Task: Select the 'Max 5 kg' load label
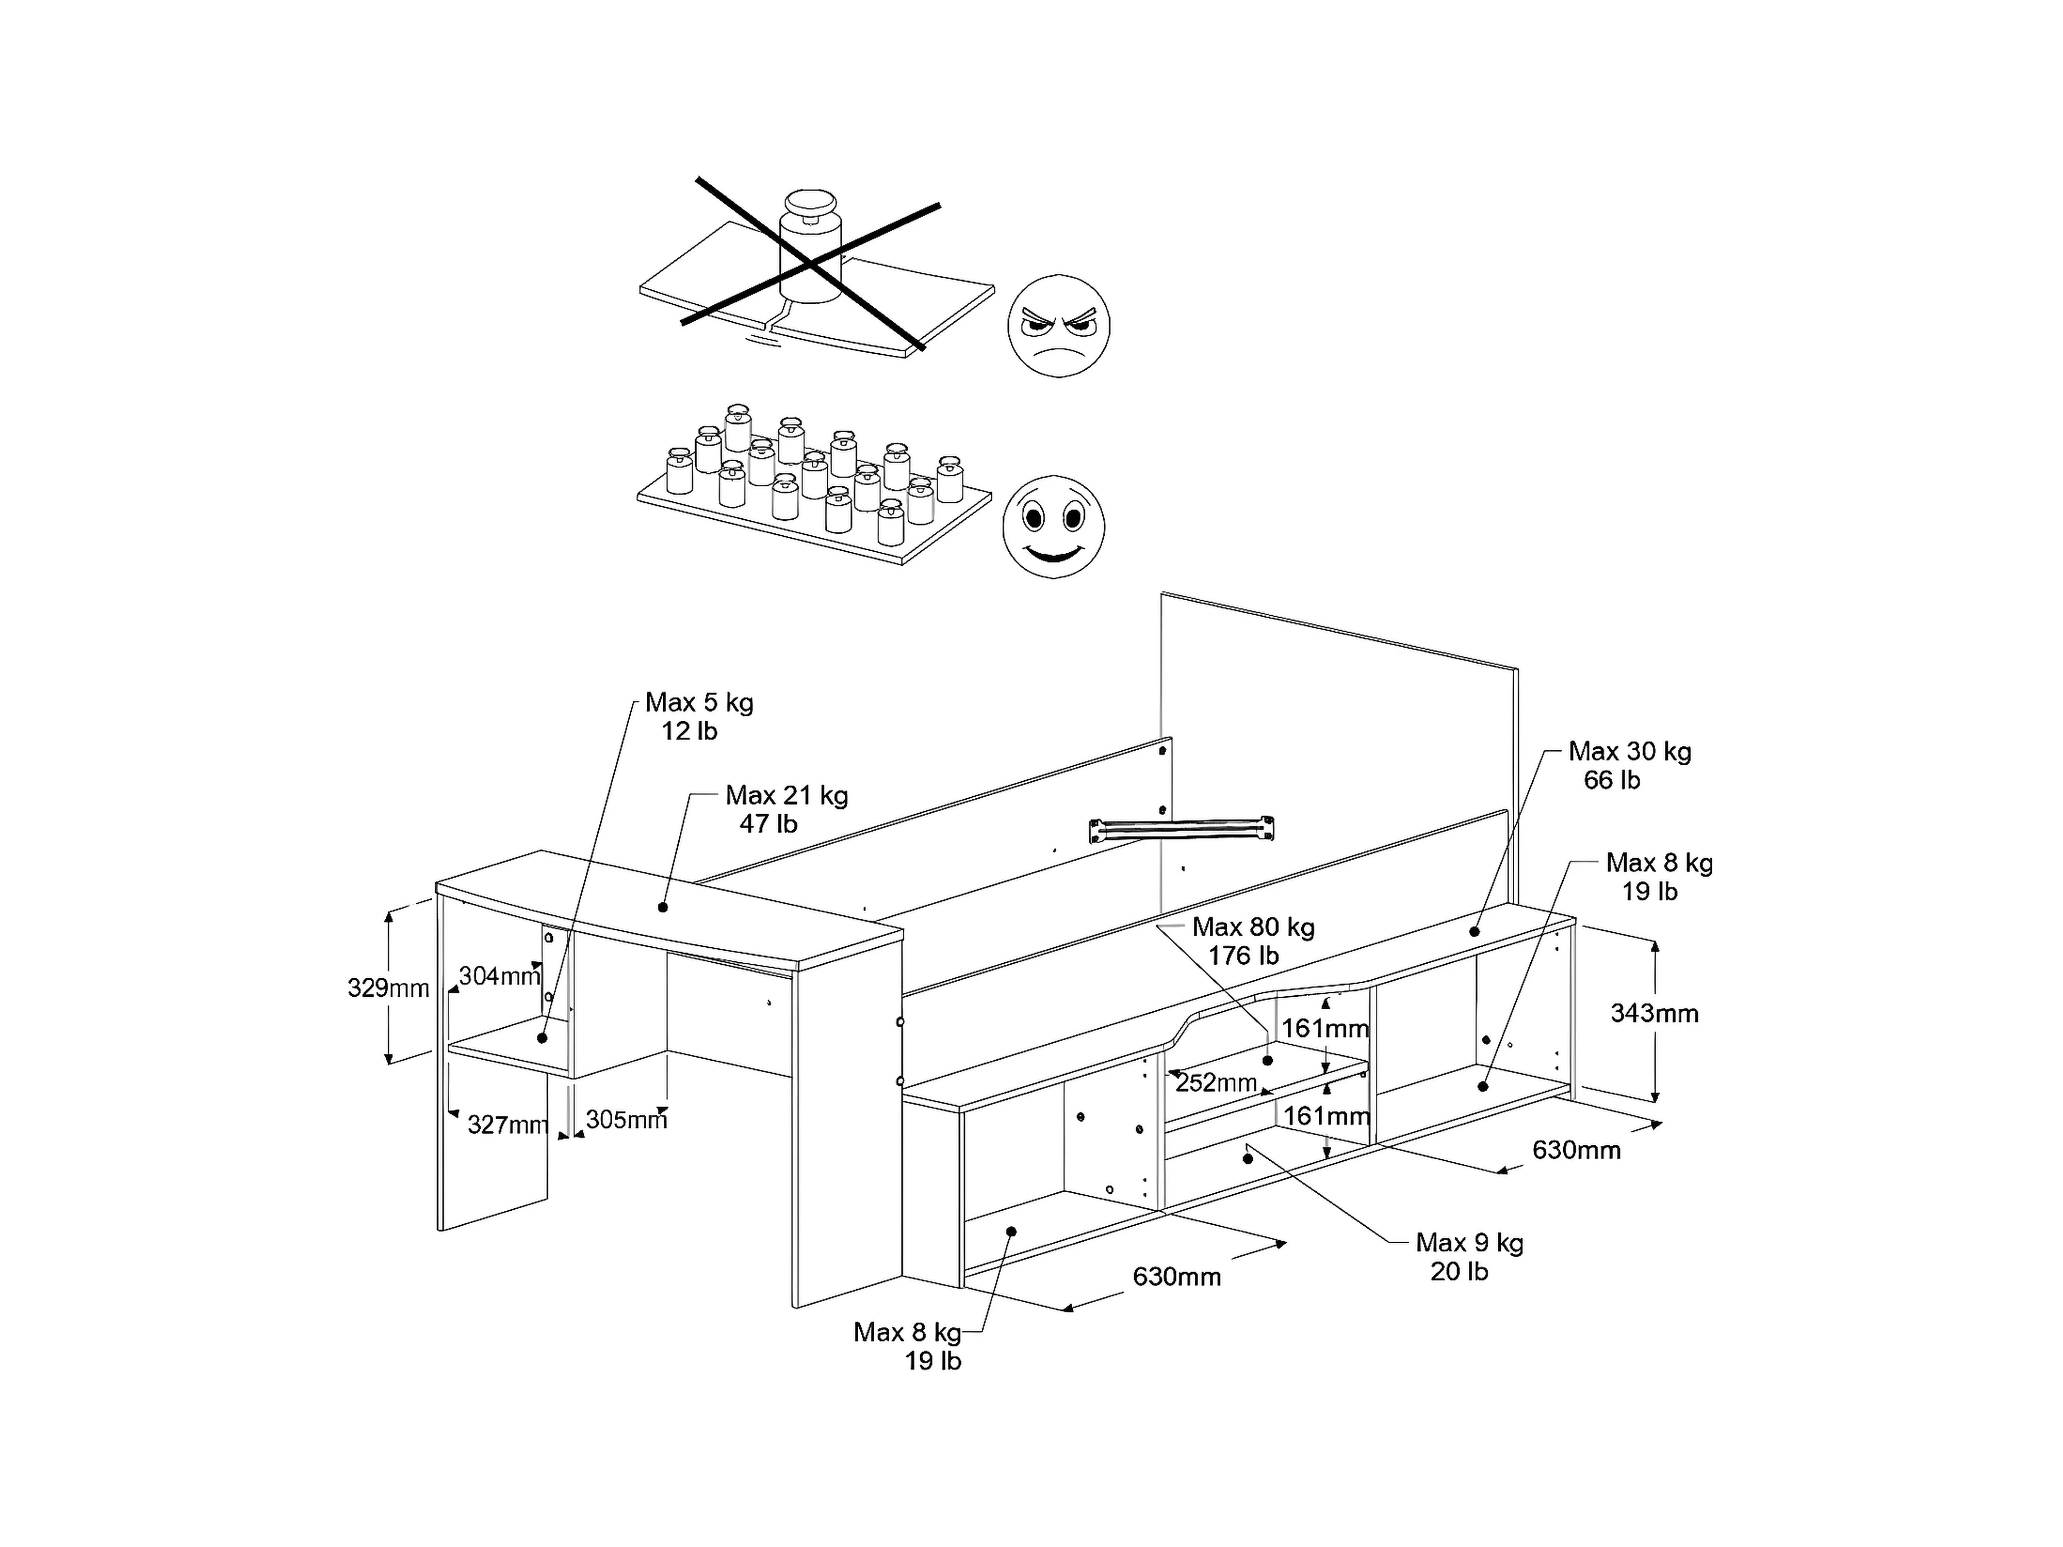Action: click(699, 702)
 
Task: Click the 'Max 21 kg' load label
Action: click(787, 795)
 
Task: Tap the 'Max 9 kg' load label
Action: click(1470, 1242)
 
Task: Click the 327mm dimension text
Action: click(507, 1125)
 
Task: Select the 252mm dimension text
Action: click(1216, 1082)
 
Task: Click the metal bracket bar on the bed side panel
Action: click(1182, 829)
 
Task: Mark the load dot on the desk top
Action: click(663, 907)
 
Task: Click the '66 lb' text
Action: click(1612, 780)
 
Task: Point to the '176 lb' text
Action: click(1243, 956)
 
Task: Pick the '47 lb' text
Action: click(768, 824)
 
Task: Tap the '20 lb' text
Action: click(1460, 1271)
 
